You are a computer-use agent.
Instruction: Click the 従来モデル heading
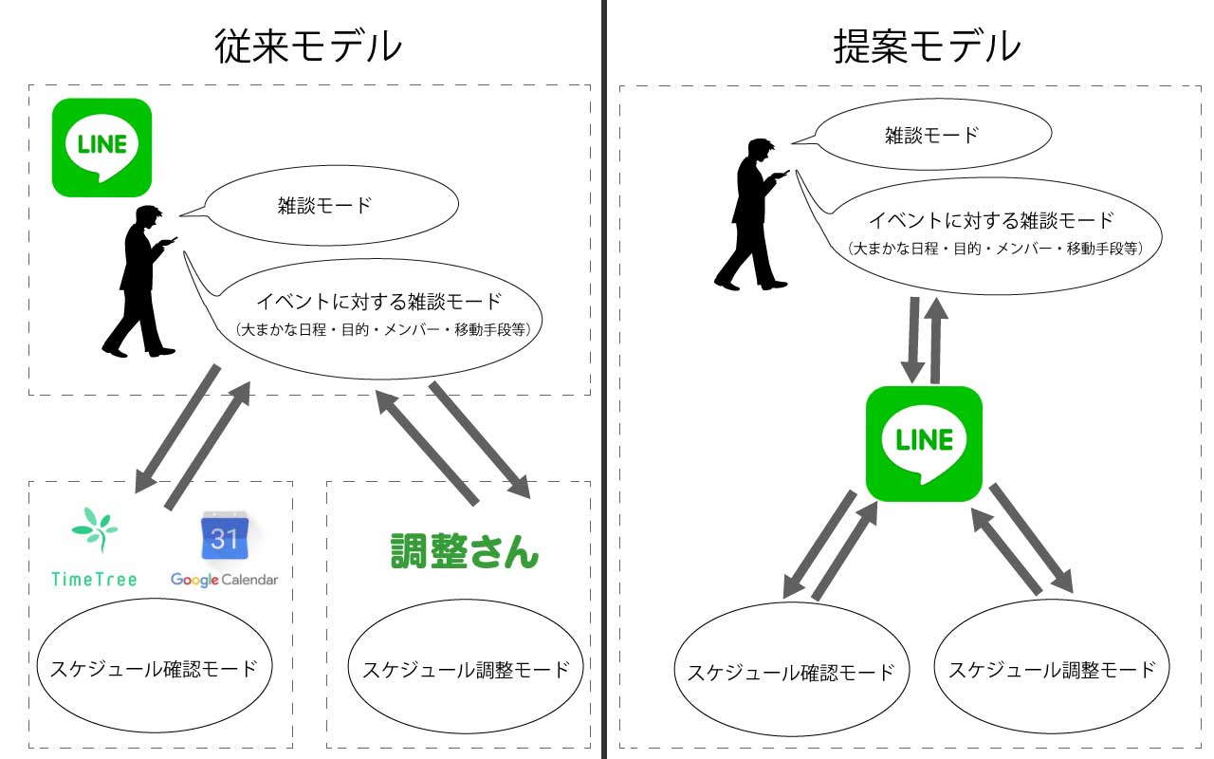point(307,46)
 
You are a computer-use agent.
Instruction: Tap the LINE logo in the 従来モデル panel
point(101,147)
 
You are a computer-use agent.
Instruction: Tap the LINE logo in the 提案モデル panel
point(924,443)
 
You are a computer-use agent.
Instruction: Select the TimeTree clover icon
point(95,529)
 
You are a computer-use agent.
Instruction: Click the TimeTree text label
point(94,579)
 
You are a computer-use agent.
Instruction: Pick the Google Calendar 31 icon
point(224,538)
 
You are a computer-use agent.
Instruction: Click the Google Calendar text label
point(225,579)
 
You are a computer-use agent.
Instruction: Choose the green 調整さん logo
point(465,550)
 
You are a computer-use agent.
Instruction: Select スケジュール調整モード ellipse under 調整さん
point(466,668)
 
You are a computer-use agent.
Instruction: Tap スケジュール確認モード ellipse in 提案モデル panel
point(790,672)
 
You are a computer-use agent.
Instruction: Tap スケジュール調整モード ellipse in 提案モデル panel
point(1052,668)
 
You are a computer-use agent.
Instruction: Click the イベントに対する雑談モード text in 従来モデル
point(378,302)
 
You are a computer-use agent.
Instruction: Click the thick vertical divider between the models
point(605,379)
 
